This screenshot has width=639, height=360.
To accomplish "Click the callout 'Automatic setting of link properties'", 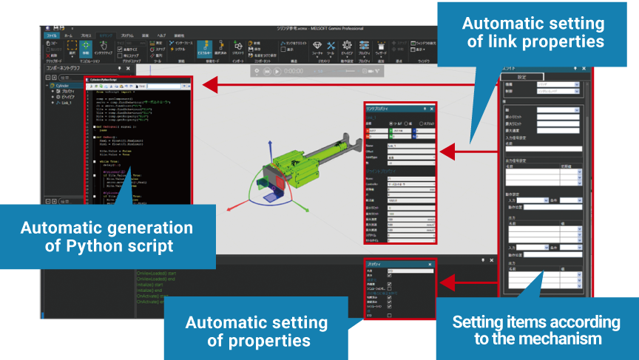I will coord(533,31).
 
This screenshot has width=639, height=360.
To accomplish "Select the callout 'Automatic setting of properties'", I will coord(257,331).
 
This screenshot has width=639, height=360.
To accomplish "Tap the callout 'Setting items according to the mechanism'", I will coord(536,330).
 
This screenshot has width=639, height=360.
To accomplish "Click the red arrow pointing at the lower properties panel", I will coord(459,281).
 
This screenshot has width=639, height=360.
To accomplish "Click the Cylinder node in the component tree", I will coord(61,85).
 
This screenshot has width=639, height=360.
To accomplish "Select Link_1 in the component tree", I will coord(70,103).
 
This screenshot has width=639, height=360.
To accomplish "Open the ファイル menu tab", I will coord(51,35).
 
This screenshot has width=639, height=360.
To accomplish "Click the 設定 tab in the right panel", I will coord(521,77).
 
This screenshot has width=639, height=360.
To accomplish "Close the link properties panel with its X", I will coord(432,108).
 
